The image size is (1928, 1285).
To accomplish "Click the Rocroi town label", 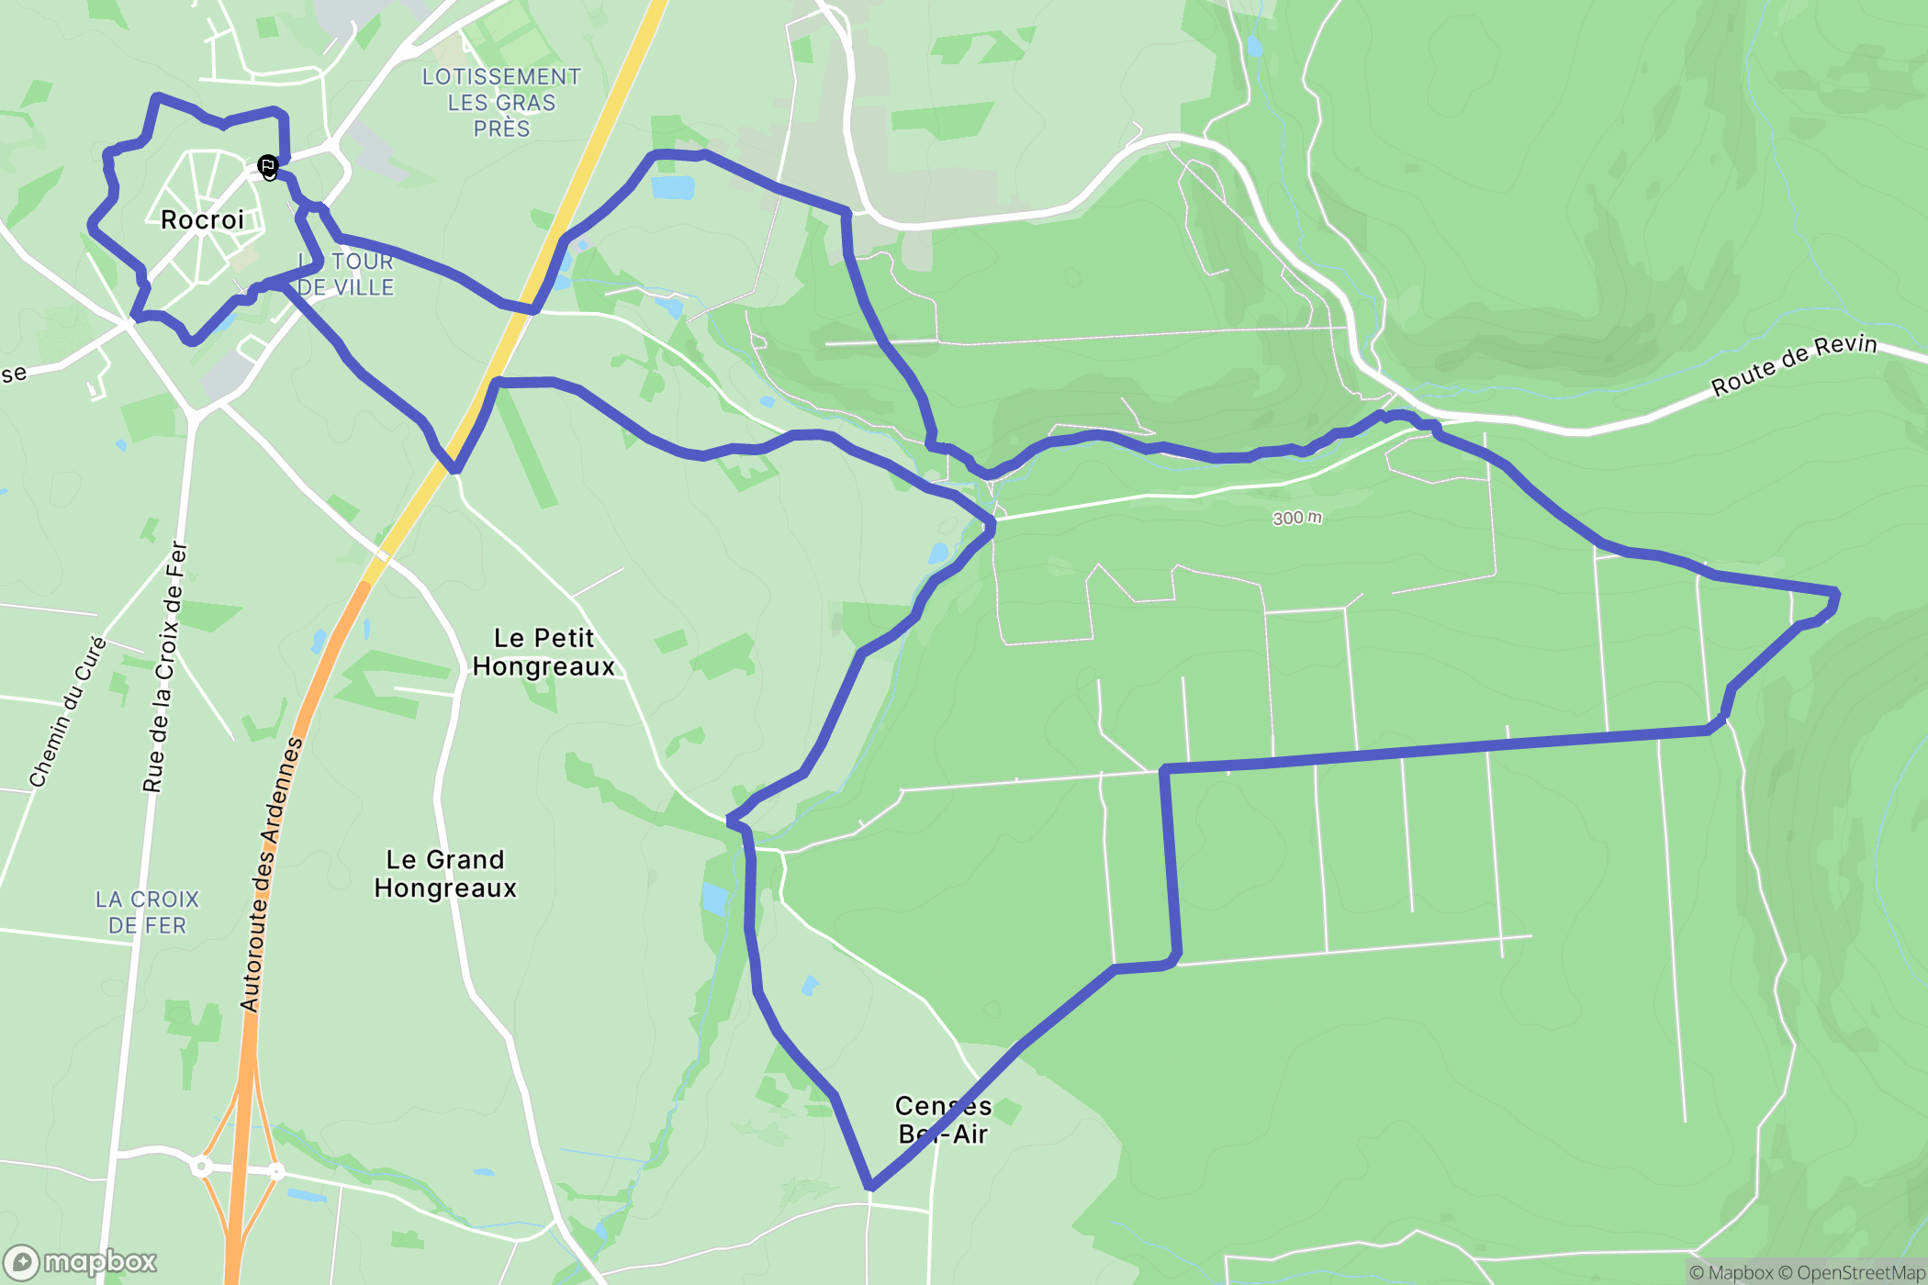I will tap(202, 220).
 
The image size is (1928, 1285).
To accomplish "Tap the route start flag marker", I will tap(268, 167).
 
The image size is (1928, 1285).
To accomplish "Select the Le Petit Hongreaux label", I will tap(544, 652).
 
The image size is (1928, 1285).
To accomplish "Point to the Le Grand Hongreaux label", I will tap(445, 874).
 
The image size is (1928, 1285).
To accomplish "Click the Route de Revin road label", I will tap(1794, 364).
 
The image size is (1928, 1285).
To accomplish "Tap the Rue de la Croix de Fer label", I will tap(166, 666).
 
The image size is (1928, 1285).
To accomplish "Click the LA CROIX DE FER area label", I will tap(147, 912).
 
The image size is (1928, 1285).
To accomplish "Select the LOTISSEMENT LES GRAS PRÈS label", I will tap(501, 103).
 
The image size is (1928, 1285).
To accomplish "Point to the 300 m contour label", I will tap(1297, 519).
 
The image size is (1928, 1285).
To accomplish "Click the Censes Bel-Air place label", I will tap(943, 1120).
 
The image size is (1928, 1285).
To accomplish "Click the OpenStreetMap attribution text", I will tap(1859, 1273).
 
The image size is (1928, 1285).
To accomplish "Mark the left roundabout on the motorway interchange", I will tap(201, 1167).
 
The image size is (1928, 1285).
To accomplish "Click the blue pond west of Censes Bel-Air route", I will tap(714, 898).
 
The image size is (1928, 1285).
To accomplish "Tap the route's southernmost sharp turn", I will tap(870, 1188).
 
